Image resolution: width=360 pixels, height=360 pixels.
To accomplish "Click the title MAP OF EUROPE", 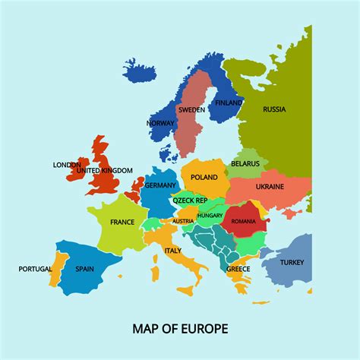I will [180, 329].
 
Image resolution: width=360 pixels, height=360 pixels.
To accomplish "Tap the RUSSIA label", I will [274, 109].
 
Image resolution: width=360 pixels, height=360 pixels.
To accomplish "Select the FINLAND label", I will [228, 103].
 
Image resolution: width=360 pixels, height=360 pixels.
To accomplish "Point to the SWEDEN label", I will [191, 109].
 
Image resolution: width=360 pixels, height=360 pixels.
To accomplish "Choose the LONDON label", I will [67, 165].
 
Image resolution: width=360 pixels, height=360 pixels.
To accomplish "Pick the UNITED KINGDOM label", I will [104, 171].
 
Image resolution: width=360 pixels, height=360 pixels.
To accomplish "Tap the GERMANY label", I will [160, 185].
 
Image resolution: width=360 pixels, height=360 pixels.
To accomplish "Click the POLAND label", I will [204, 177].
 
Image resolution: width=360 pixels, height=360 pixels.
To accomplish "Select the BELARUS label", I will [246, 163].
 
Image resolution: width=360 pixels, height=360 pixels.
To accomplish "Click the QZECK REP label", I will [190, 201].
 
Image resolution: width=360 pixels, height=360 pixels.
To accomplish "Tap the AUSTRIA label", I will [182, 221].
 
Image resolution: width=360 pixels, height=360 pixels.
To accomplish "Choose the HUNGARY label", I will [210, 216].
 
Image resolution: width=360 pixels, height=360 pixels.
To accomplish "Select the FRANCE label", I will [122, 223].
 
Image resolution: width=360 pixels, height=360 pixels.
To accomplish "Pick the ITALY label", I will [173, 250].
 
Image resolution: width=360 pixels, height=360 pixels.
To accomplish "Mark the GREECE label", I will [238, 269].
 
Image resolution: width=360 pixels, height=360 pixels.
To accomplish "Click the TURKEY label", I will [292, 262].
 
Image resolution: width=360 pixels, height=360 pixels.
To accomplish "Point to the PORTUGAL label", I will [35, 268].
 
